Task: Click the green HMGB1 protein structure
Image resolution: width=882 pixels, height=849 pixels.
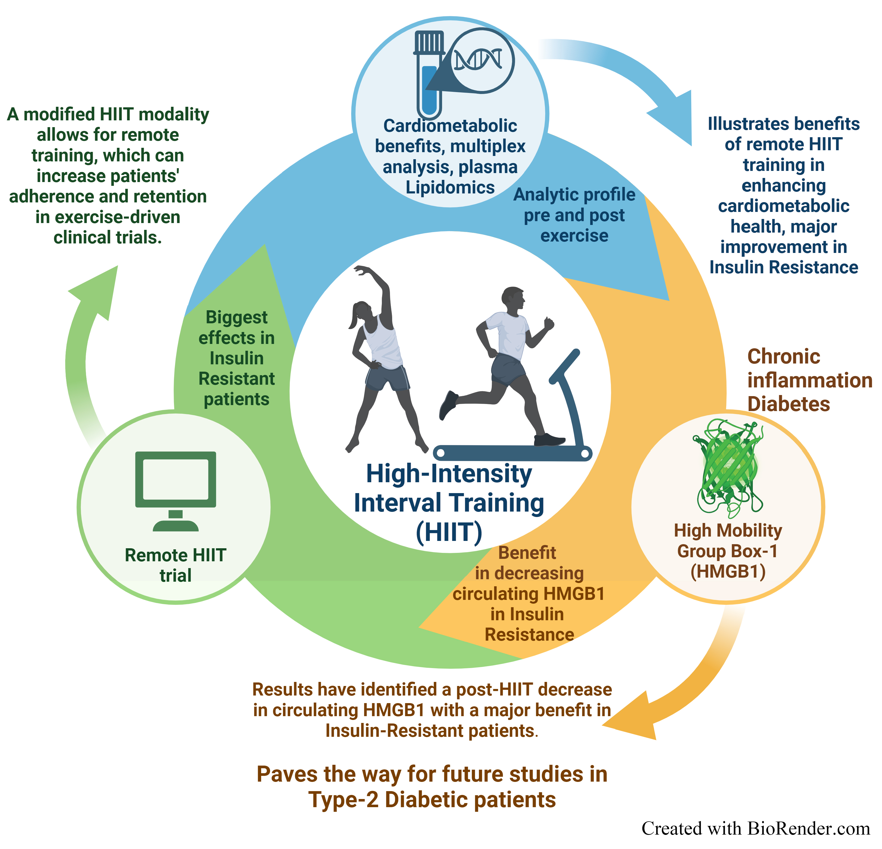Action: (x=728, y=468)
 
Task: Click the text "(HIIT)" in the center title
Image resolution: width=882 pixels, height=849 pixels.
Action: (x=449, y=532)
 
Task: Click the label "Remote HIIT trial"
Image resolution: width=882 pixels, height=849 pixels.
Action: (x=176, y=565)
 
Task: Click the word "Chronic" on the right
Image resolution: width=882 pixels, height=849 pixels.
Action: (x=784, y=356)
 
